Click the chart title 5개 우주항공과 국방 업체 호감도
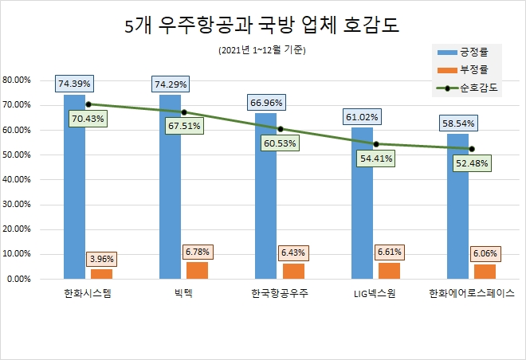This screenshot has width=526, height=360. [262, 25]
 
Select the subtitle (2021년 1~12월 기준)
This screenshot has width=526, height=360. [261, 51]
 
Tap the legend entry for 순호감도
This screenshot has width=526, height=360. [469, 88]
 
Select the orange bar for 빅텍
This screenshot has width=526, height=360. [197, 270]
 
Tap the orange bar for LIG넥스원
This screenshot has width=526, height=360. [389, 271]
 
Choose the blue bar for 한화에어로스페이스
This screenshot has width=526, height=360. [457, 206]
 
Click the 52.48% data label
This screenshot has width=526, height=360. [472, 163]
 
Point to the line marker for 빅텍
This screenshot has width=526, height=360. [184, 112]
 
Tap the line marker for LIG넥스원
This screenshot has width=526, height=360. [375, 144]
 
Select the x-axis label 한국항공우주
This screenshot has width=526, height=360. [279, 293]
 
